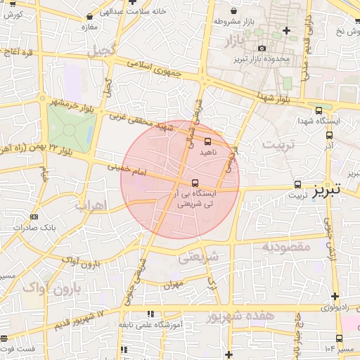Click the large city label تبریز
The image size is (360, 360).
326,189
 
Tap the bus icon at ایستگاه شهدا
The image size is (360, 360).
320,110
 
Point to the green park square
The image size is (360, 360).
71,124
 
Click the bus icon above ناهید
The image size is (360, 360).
207,141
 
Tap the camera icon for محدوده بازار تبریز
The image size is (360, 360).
262,49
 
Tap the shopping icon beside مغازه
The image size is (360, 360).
89,16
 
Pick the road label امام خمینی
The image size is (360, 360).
126,169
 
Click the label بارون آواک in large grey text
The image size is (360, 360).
51,288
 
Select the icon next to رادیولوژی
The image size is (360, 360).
335,297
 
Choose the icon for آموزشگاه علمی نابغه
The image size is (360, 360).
149,314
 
